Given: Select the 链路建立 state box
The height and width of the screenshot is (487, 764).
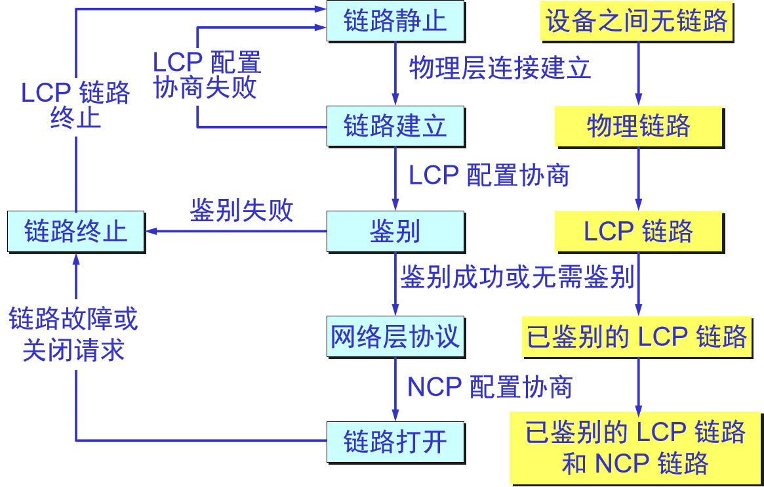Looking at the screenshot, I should (395, 125).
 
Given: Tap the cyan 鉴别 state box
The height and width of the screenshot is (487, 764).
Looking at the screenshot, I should (395, 231).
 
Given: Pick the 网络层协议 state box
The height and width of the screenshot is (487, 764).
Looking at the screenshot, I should (395, 337).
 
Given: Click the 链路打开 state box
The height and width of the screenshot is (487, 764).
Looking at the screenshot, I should (395, 442).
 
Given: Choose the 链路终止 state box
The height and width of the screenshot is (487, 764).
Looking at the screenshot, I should (75, 231).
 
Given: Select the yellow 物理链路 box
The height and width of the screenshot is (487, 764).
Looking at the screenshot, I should (639, 125).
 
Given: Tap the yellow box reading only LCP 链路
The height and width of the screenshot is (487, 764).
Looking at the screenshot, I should (639, 231).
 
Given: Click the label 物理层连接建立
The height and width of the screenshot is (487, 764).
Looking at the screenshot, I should (500, 68).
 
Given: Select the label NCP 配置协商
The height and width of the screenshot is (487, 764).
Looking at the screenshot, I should (490, 387).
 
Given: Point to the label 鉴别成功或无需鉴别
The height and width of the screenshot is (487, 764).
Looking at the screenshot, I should (517, 278).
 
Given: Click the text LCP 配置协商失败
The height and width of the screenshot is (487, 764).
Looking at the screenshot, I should (206, 75).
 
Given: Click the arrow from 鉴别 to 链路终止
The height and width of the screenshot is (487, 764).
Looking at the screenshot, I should (236, 231).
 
